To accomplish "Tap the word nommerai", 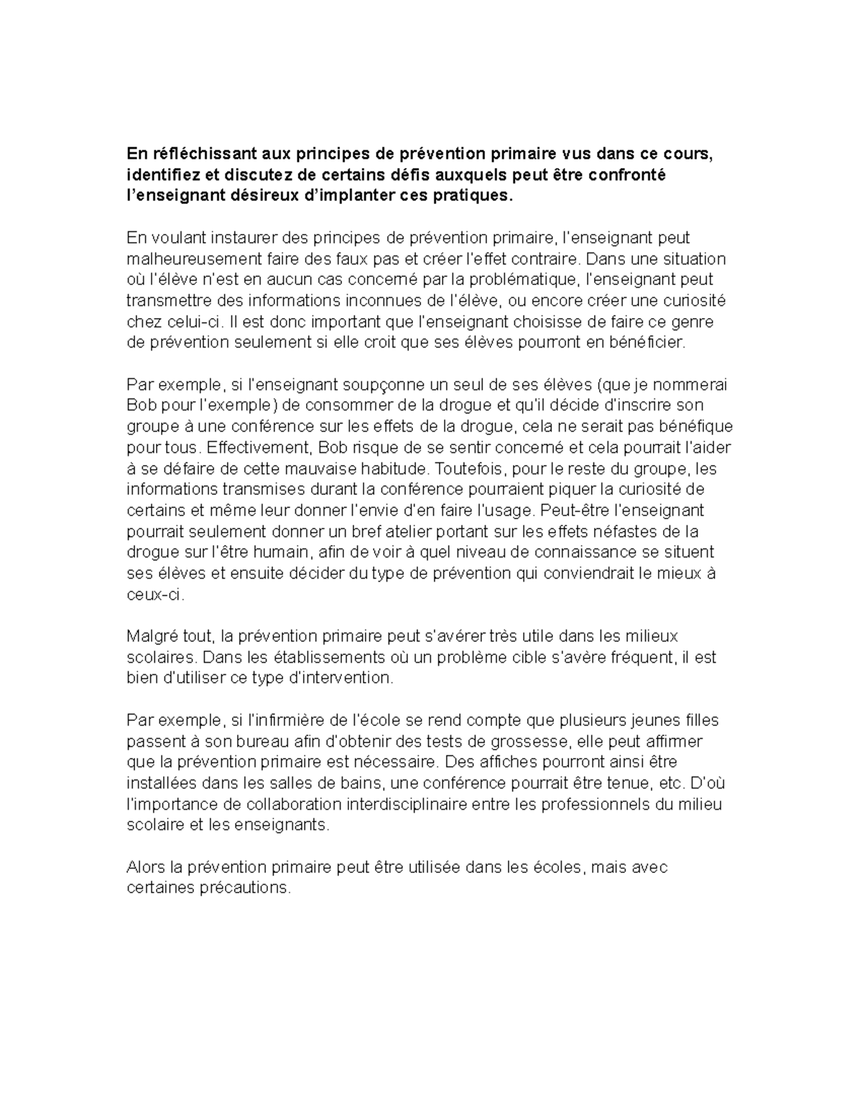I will coord(690,384).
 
